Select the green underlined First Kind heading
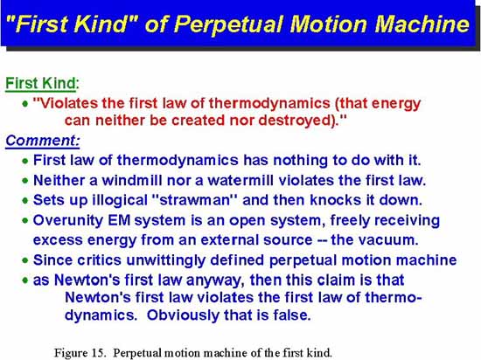41,83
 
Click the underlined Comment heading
42,141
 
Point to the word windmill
131,180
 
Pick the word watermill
240,180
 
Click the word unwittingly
165,260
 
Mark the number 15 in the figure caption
98,353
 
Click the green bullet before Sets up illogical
25,201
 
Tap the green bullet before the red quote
25,104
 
